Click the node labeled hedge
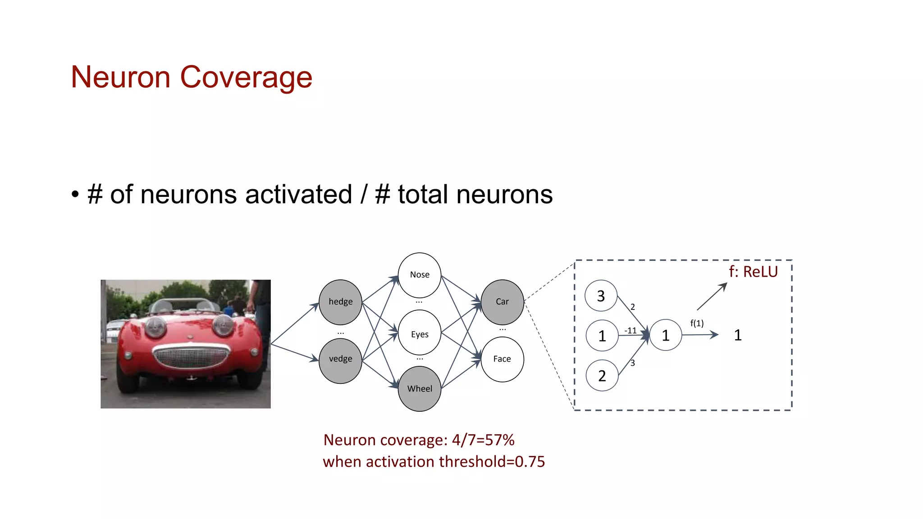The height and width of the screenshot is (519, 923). tap(340, 302)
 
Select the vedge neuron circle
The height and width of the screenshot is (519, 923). tap(340, 360)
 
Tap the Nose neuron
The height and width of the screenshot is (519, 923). tap(419, 274)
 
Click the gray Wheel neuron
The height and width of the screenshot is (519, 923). tap(419, 389)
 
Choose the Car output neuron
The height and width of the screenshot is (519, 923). tap(502, 302)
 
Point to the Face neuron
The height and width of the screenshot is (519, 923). tap(502, 359)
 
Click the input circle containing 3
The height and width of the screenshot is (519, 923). tap(601, 296)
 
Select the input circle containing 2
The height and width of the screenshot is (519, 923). tap(602, 375)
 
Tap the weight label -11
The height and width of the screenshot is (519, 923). tap(630, 331)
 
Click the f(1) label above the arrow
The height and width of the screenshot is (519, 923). tap(697, 323)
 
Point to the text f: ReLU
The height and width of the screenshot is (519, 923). tap(753, 272)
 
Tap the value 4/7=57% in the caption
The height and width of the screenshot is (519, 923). tap(483, 440)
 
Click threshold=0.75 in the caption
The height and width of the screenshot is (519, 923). tap(492, 462)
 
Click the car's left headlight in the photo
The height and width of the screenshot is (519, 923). tap(155, 327)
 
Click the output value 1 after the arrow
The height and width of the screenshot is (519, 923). tap(737, 335)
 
